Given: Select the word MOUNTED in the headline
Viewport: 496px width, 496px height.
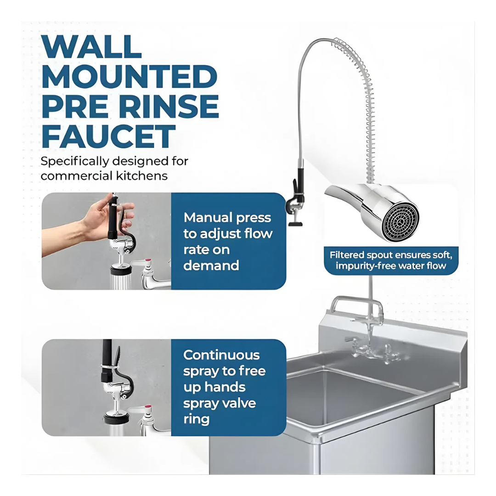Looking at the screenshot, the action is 130,77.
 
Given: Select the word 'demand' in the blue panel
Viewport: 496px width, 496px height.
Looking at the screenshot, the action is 211,265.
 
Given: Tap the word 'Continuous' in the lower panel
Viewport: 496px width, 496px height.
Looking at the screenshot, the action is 221,355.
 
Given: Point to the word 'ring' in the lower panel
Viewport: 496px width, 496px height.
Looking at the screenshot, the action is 196,419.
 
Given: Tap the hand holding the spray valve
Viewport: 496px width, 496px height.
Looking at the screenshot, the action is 92,221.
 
